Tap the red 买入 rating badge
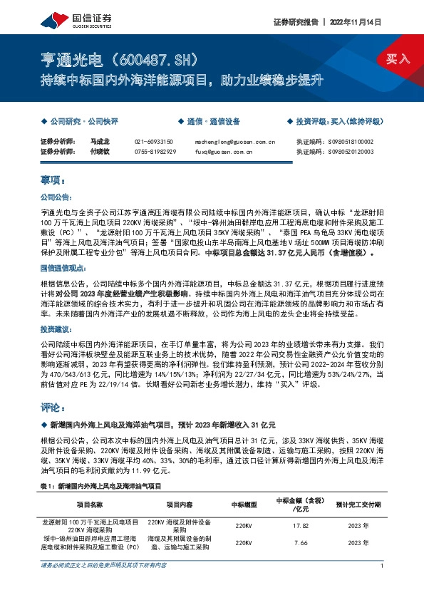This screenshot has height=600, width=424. pos(398,59)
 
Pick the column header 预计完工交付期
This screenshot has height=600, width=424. pos(353,506)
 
